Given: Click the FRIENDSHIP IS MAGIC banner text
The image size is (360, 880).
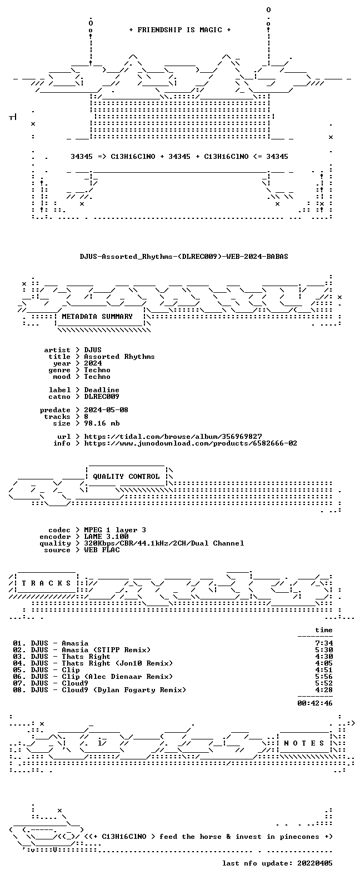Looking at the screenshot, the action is pos(180,30).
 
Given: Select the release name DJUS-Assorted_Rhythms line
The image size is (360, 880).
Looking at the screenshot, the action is pos(184,257).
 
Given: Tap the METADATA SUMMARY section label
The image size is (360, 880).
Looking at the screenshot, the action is pos(97,316).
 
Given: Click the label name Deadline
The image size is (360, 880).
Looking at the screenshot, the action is pos(102,389).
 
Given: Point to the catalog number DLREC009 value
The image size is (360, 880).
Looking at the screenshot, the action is pos(102,397).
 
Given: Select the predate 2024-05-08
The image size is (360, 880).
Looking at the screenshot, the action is pos(106,410).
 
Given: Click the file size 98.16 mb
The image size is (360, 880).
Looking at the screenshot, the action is pos(102,423).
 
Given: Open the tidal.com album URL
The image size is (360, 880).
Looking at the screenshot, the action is pos(173,437).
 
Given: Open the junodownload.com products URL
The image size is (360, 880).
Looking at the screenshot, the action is pos(191,443).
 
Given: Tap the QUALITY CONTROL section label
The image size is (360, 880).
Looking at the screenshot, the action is pos(126,477).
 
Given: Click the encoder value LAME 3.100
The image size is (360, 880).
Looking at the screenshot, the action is pos(106,537).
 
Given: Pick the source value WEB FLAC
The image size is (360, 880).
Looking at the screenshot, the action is pos(102,550).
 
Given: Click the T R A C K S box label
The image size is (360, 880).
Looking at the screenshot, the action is pos(46,583).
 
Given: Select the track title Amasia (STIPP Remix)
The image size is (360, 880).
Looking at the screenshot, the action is pos(106,650).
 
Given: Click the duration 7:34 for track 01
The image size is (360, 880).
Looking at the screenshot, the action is pos(324,643).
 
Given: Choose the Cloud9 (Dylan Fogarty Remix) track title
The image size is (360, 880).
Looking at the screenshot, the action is pos(124,690).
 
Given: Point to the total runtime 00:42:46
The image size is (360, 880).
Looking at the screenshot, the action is pos(315,703).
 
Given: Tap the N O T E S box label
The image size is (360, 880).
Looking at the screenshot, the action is pos(304,743).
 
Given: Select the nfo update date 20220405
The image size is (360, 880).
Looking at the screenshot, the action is pos(315,863).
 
